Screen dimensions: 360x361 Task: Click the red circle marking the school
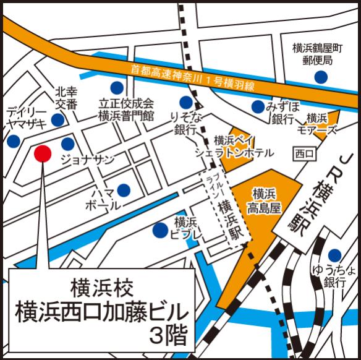tap(41, 153)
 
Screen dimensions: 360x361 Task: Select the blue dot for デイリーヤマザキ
tap(12, 142)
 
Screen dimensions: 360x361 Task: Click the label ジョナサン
tap(87, 160)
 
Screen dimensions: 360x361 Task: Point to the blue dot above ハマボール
tap(124, 189)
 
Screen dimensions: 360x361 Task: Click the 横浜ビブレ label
tap(185, 228)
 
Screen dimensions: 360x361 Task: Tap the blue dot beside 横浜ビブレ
tap(159, 231)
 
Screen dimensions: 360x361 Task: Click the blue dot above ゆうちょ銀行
tap(334, 255)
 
